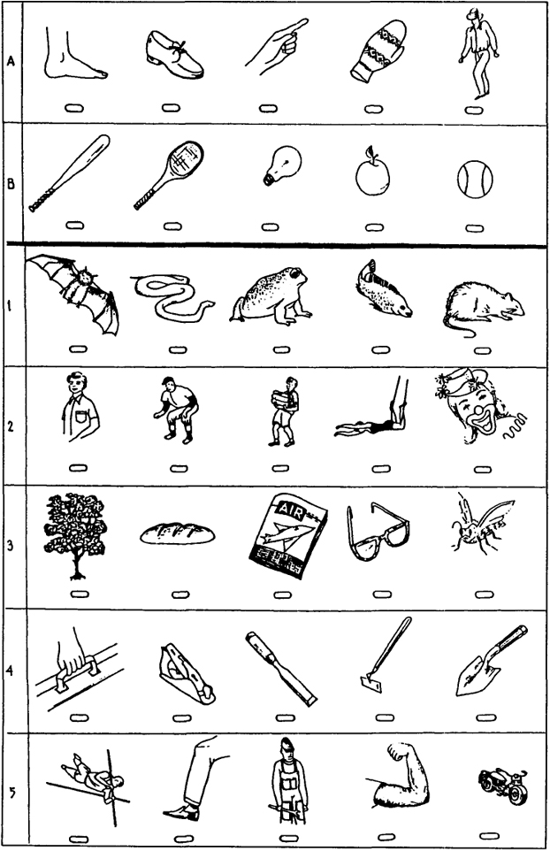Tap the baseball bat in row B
(70, 173)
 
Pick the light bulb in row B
(281, 165)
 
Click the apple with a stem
(372, 172)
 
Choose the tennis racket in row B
(169, 174)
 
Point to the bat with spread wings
(73, 293)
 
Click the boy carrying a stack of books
(283, 410)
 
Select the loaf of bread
(178, 533)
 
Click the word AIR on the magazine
(288, 508)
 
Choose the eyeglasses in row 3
(378, 532)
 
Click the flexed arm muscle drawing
(401, 777)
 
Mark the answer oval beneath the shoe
(169, 108)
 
